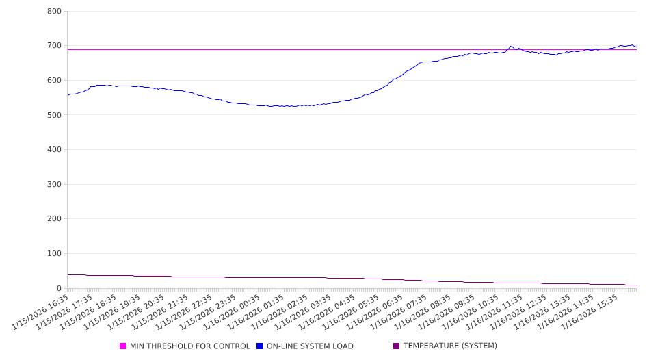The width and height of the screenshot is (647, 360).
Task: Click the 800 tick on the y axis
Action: [x=54, y=12]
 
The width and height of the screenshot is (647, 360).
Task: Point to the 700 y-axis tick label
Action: [x=54, y=46]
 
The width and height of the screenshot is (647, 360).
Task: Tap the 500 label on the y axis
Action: [x=54, y=115]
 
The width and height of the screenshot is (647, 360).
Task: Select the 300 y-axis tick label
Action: [x=54, y=184]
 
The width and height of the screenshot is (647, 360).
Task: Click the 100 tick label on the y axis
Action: [x=54, y=254]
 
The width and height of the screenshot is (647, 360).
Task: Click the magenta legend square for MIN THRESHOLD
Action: [x=123, y=346]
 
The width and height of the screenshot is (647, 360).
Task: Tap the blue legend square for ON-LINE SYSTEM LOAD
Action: [x=260, y=346]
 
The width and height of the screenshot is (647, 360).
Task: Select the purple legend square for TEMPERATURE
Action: [x=397, y=346]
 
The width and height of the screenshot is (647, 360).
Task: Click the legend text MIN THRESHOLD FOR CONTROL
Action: [x=190, y=346]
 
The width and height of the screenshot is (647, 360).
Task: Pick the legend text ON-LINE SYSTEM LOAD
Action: [x=310, y=346]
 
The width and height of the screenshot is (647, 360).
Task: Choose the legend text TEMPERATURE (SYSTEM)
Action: [x=450, y=346]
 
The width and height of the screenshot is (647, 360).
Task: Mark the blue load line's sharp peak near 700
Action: [x=511, y=47]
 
